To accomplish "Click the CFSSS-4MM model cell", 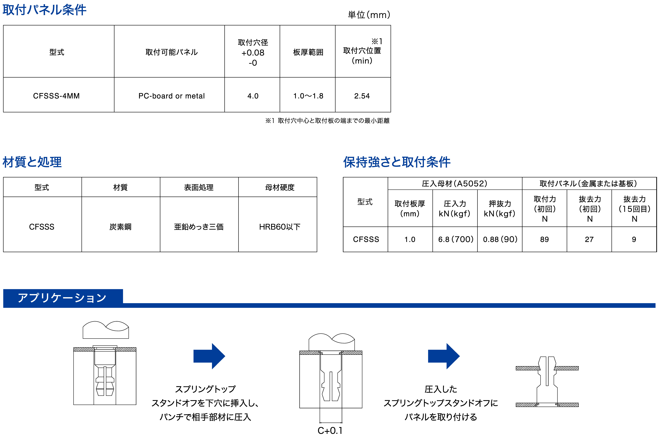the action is pyautogui.click(x=56, y=96).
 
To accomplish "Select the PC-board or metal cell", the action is pyautogui.click(x=172, y=96).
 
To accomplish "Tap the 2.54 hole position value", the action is pyautogui.click(x=362, y=96).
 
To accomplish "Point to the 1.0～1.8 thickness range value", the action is pyautogui.click(x=308, y=96).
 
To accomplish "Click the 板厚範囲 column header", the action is pyautogui.click(x=308, y=52).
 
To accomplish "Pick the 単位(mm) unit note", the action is pyautogui.click(x=369, y=15).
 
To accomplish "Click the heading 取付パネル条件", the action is pyautogui.click(x=44, y=10).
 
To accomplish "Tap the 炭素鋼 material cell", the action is pyautogui.click(x=121, y=227).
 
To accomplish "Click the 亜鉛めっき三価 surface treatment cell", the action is pyautogui.click(x=199, y=227).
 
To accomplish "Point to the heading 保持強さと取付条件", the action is pyautogui.click(x=397, y=162).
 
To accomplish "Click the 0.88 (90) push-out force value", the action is pyautogui.click(x=500, y=239).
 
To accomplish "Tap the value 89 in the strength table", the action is pyautogui.click(x=544, y=239).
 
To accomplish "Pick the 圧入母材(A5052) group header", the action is pyautogui.click(x=455, y=184).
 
